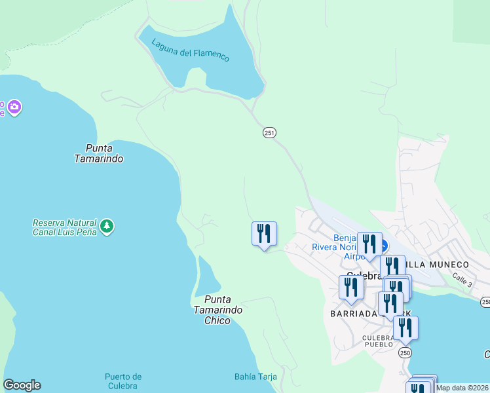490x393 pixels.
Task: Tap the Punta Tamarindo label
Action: point(99,153)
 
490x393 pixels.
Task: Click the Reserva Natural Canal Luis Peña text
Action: point(64,227)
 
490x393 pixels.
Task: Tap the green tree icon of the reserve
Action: point(107,227)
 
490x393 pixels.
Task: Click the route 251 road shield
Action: point(269,132)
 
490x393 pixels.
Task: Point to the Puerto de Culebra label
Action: point(123,381)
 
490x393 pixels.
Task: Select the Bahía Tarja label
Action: point(255,377)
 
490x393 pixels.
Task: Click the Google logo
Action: point(22,385)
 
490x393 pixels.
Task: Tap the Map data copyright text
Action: point(462,388)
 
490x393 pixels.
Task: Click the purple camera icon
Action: point(14,106)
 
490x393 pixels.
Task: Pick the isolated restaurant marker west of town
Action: point(264,234)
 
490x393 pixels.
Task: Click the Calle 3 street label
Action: point(461,279)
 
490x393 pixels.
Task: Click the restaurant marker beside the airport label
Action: point(369,244)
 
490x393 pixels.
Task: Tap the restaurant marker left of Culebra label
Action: point(351,287)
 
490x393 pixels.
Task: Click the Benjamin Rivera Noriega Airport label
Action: point(344,247)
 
